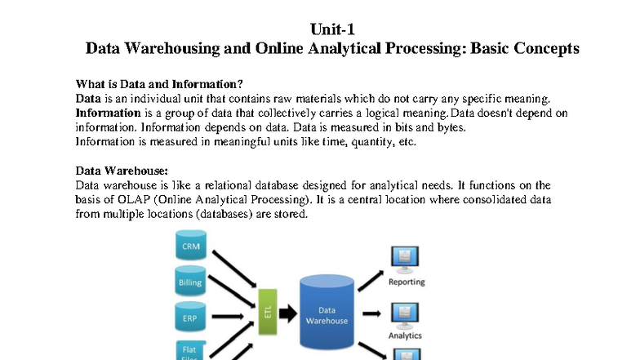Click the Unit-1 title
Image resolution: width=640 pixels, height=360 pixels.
pyautogui.click(x=332, y=29)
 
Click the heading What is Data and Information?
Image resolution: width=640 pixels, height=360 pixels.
pyautogui.click(x=159, y=84)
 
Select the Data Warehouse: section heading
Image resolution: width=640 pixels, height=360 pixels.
pyautogui.click(x=122, y=171)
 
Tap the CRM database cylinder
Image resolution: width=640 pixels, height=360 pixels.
pyautogui.click(x=191, y=245)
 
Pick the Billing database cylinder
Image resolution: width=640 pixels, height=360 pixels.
pyautogui.click(x=190, y=281)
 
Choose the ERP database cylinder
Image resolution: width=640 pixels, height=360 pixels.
pyautogui.click(x=190, y=317)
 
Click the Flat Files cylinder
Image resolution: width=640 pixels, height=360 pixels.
pyautogui.click(x=191, y=350)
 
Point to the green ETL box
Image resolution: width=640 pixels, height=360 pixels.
pyautogui.click(x=268, y=312)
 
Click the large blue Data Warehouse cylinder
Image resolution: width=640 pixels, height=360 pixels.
pyautogui.click(x=327, y=312)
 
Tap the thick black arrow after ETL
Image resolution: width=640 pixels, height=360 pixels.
pyautogui.click(x=288, y=313)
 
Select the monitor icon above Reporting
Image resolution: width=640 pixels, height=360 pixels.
pyautogui.click(x=405, y=260)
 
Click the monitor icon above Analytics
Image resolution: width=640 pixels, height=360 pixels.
pyautogui.click(x=405, y=315)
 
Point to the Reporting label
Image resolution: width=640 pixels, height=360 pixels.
pyautogui.click(x=407, y=282)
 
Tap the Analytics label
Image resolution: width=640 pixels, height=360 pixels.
pyautogui.click(x=405, y=336)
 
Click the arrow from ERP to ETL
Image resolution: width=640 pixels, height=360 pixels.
pyautogui.click(x=228, y=317)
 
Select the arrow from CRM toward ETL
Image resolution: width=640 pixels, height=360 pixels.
pyautogui.click(x=234, y=269)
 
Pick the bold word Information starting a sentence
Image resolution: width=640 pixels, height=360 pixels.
pyautogui.click(x=108, y=113)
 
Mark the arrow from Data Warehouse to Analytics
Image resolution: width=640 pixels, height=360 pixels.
pyautogui.click(x=371, y=313)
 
